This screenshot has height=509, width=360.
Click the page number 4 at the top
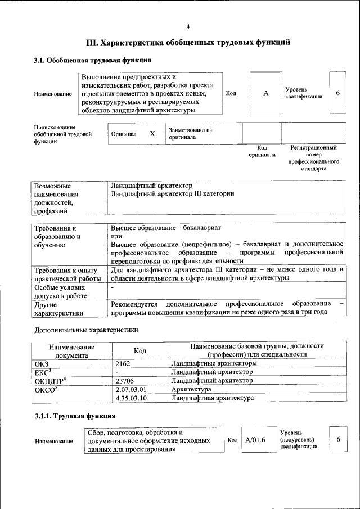tap(188, 26)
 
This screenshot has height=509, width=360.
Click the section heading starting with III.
tap(188, 42)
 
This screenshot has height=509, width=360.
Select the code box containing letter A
tap(265, 93)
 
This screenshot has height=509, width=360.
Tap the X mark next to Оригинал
tap(152, 134)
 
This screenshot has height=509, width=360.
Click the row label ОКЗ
tap(42, 363)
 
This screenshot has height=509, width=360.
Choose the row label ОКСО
tap(46, 389)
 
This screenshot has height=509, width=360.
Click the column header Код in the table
tap(140, 350)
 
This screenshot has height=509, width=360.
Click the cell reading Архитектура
tap(191, 389)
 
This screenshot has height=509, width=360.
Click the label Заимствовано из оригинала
tap(190, 133)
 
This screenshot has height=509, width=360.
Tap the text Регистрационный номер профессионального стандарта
tap(313, 158)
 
